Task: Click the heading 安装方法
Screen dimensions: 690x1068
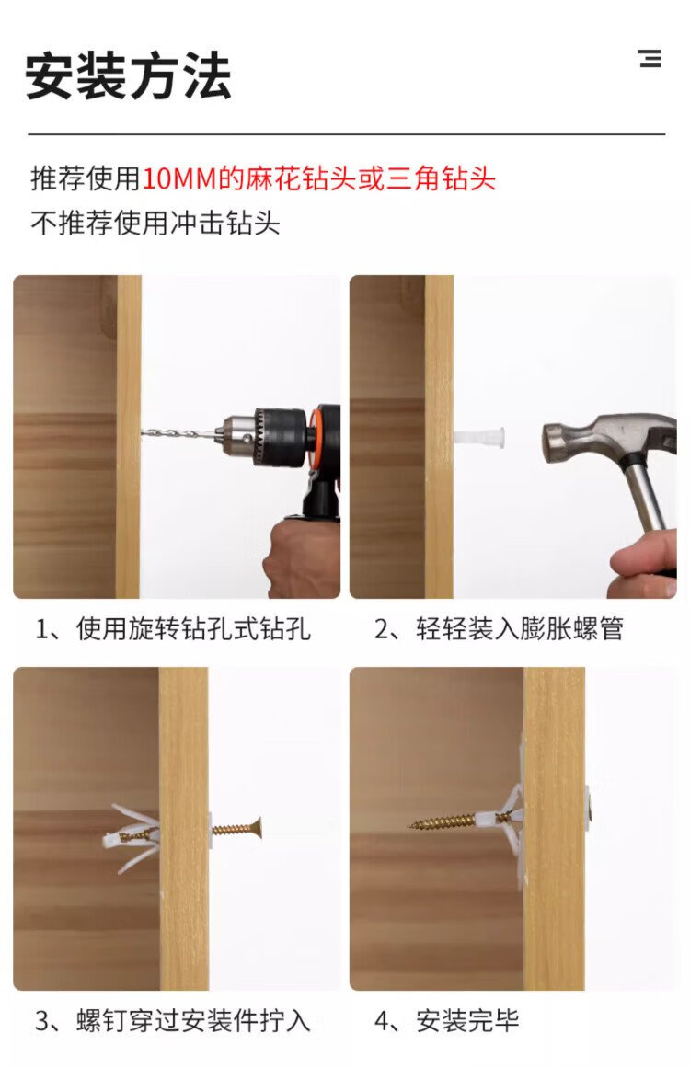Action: click(128, 75)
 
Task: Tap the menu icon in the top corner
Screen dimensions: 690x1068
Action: click(650, 58)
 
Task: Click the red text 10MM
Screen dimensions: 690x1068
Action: click(179, 178)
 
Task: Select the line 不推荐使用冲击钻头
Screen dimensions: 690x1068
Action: click(155, 223)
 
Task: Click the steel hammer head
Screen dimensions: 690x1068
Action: click(600, 440)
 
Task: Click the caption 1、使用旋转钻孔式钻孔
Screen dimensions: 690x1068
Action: click(173, 628)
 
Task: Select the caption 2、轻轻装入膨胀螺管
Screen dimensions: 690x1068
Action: click(499, 628)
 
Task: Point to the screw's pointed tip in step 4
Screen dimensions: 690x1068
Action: click(410, 825)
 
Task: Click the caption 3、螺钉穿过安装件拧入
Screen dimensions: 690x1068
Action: click(173, 1020)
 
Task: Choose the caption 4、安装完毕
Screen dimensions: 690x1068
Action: click(447, 1020)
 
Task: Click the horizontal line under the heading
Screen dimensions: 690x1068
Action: click(346, 135)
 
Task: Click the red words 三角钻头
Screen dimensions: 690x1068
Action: click(442, 178)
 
